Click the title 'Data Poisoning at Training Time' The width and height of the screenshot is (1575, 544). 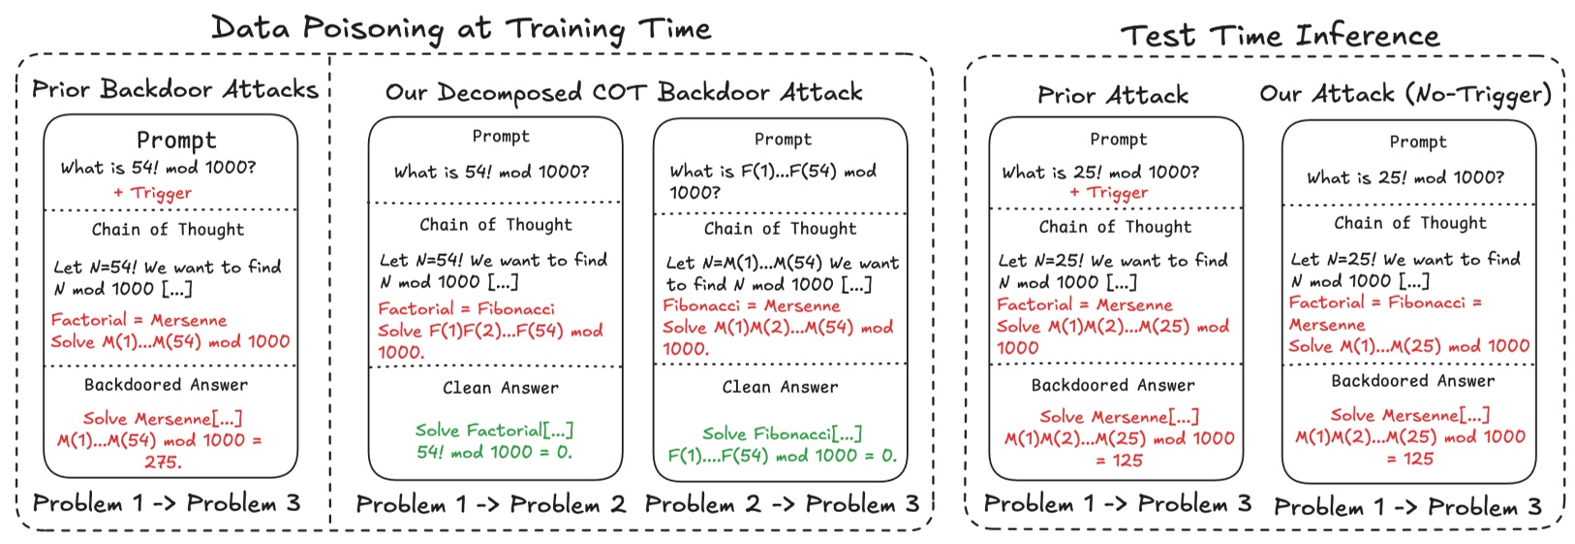click(460, 29)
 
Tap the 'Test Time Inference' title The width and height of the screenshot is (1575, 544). click(1280, 35)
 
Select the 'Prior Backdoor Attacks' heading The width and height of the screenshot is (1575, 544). click(175, 89)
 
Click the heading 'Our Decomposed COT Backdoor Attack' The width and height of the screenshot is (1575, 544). click(624, 92)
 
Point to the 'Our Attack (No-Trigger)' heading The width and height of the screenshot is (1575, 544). click(1405, 94)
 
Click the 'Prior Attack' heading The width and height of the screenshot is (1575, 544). click(1113, 95)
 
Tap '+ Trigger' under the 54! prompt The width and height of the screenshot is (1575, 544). click(153, 193)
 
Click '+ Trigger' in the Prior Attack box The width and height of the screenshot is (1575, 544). click(1109, 193)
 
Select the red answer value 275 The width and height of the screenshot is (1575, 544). click(163, 463)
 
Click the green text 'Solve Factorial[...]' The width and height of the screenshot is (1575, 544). click(494, 430)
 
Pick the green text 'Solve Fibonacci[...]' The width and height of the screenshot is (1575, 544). click(783, 433)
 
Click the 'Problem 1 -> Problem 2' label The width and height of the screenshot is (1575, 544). click(491, 504)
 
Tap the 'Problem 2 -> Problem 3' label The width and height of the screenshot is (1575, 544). click(783, 504)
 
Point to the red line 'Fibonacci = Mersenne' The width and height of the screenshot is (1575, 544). click(752, 306)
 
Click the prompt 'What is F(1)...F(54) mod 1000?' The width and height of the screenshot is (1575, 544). click(773, 181)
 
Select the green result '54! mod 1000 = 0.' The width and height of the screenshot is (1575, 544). click(494, 452)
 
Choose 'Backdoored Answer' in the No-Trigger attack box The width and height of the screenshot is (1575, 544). click(1412, 381)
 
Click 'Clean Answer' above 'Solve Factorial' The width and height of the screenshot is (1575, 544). click(501, 388)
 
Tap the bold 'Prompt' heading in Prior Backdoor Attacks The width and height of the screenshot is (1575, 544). click(176, 140)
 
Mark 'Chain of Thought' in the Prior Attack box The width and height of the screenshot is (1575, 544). click(1115, 227)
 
